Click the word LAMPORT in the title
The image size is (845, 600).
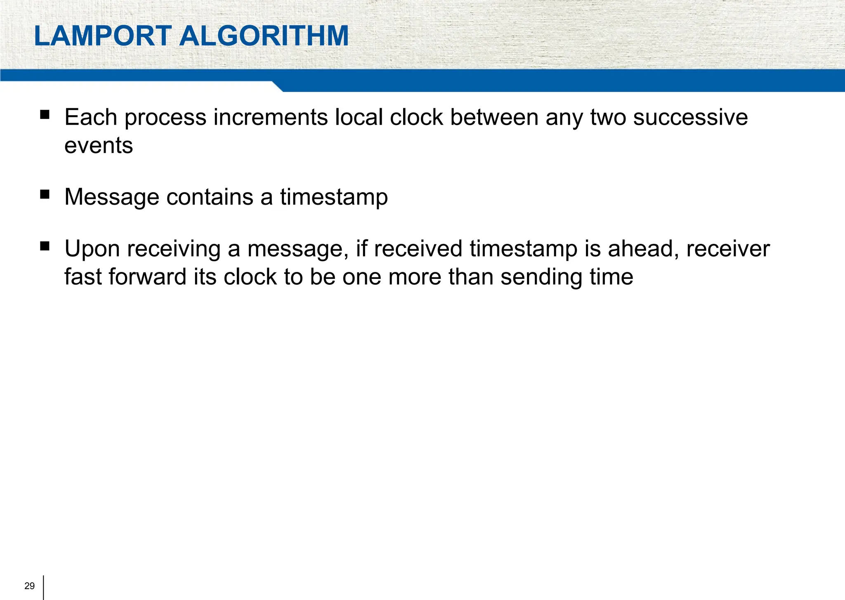[x=103, y=36]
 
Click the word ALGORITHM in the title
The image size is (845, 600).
[x=264, y=36]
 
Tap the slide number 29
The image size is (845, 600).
[x=30, y=586]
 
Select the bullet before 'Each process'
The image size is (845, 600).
[x=45, y=114]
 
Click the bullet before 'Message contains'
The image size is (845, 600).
[x=45, y=194]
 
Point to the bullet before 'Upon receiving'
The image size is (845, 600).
[x=45, y=246]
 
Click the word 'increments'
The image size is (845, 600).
[x=270, y=118]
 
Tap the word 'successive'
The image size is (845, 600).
[x=690, y=118]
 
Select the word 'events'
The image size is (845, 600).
[x=99, y=146]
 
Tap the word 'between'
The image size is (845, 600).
[x=494, y=118]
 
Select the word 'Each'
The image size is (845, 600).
[x=91, y=118]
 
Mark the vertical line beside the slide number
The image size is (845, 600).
[x=43, y=587]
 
